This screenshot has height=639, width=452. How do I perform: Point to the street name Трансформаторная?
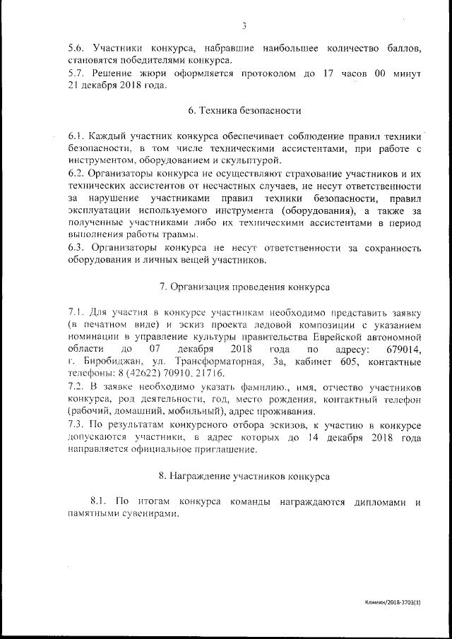pyautogui.click(x=210, y=362)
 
